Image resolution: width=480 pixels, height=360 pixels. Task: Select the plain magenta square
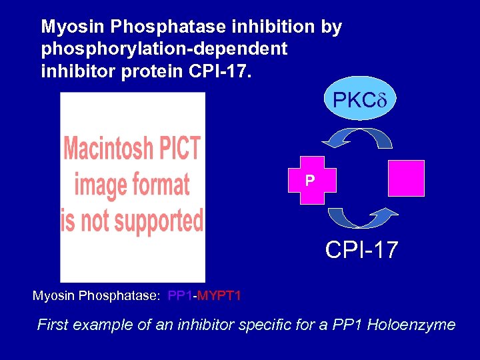click(406, 178)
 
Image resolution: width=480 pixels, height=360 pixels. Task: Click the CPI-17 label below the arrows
click(361, 251)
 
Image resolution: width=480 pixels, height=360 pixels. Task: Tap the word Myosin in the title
click(73, 27)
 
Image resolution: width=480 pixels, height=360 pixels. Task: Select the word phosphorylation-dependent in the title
click(164, 49)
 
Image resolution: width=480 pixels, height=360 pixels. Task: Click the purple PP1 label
click(181, 295)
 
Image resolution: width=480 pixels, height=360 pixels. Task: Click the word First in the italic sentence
click(53, 325)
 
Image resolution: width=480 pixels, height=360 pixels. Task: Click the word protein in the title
click(151, 70)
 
